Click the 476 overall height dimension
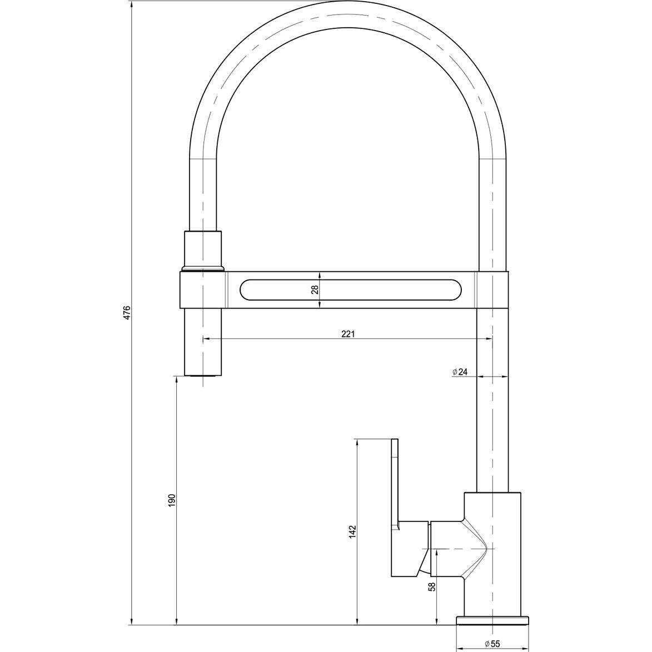[x=127, y=312]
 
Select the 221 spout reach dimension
[x=347, y=334]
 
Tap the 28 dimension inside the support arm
[x=315, y=289]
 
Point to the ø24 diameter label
[x=461, y=372]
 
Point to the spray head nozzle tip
[x=203, y=376]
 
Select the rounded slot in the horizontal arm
[x=350, y=290]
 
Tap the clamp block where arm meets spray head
[x=203, y=289]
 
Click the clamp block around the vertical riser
[x=492, y=289]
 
